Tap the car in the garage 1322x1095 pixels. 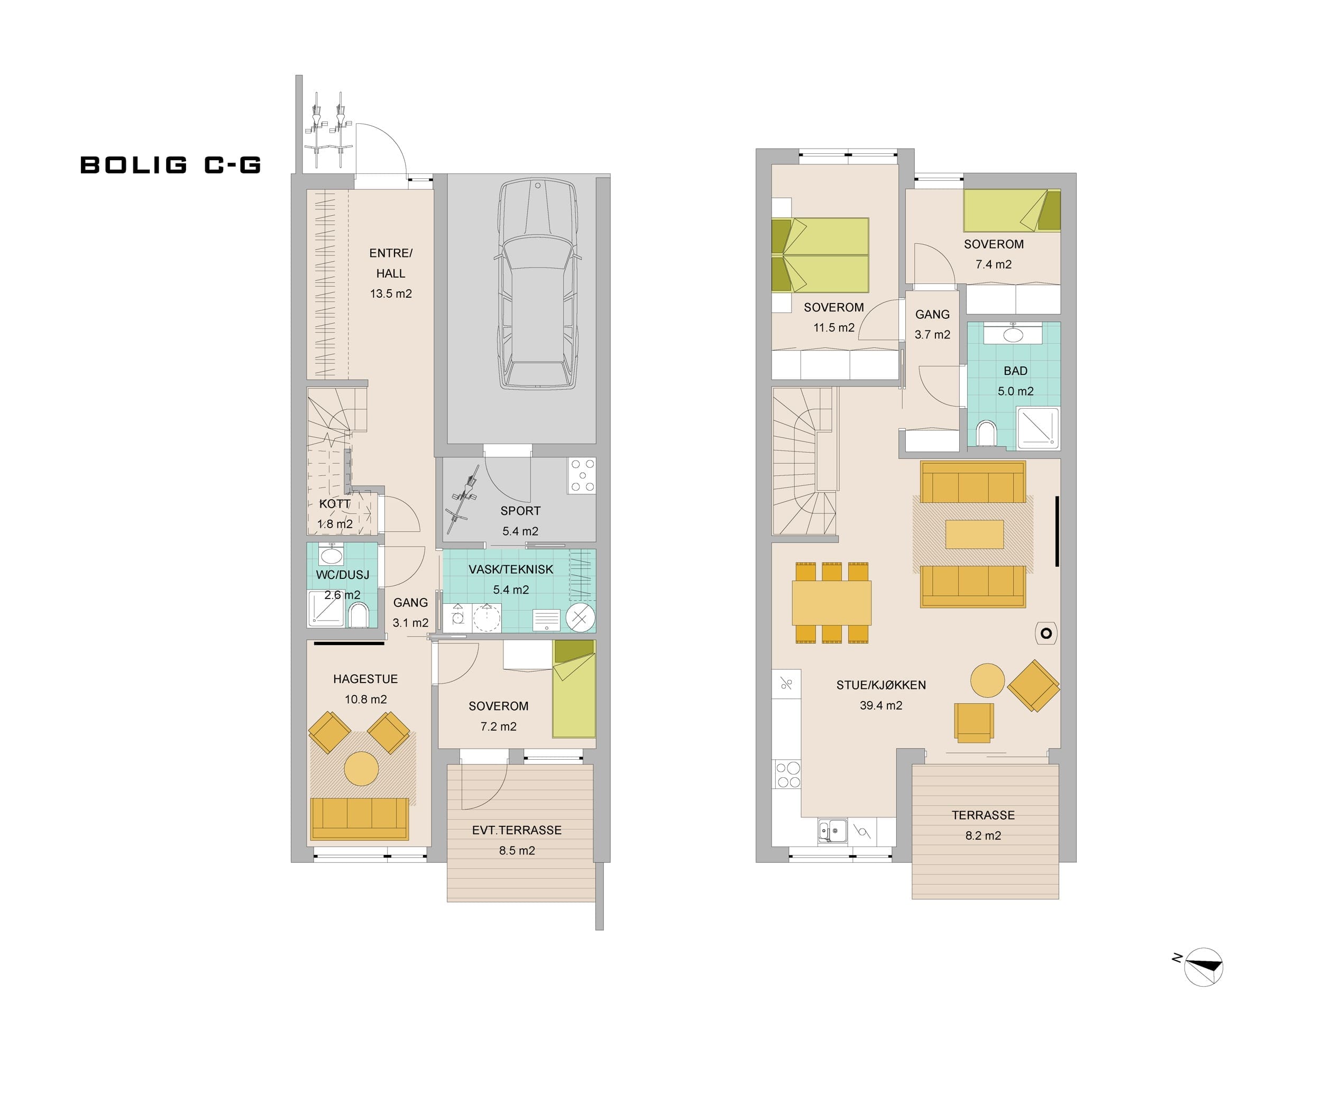(538, 284)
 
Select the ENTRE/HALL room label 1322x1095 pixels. (391, 263)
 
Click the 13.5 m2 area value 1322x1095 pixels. (391, 294)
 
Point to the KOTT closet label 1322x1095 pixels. (334, 504)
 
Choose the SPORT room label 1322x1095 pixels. (521, 511)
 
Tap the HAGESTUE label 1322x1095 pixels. (366, 679)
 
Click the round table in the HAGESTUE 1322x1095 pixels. (361, 768)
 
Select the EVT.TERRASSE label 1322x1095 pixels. (517, 830)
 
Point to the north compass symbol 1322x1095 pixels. (1202, 967)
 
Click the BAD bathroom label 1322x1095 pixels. (1015, 371)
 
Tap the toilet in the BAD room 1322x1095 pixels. (986, 433)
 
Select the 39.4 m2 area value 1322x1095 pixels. (882, 706)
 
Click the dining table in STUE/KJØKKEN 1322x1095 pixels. (832, 602)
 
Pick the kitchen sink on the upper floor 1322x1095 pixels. (832, 830)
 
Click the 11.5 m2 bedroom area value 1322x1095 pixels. (834, 328)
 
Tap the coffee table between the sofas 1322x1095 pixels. (975, 535)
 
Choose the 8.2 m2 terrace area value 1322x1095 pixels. (984, 836)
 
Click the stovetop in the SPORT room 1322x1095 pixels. (582, 475)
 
